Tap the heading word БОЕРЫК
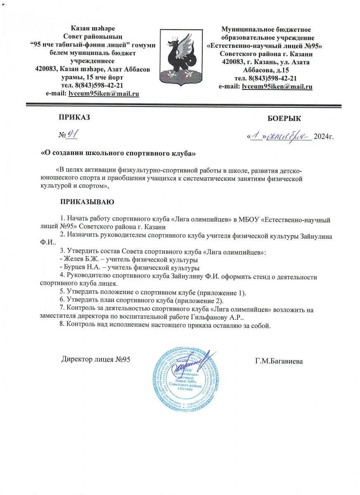click(x=284, y=119)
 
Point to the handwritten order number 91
click(x=73, y=134)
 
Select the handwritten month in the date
click(x=294, y=135)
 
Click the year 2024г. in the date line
click(x=324, y=137)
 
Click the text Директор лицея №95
click(x=96, y=359)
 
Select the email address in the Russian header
click(x=277, y=87)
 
